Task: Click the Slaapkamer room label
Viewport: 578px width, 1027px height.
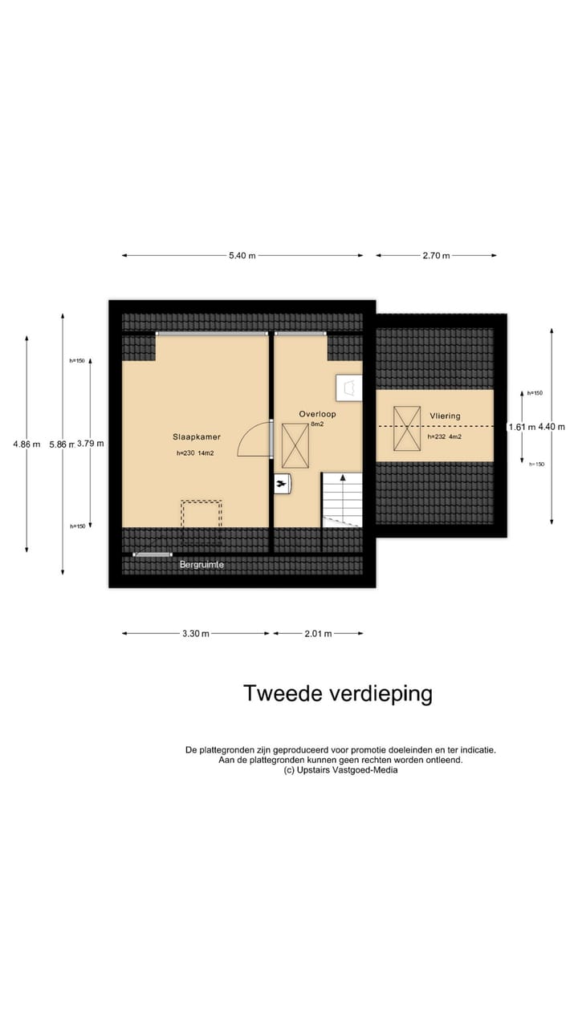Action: (197, 437)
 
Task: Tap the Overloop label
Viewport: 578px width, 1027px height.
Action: (317, 414)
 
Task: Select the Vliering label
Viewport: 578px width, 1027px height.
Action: (445, 416)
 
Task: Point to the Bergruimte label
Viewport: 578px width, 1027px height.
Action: (201, 565)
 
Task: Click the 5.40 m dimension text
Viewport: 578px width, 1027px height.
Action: (242, 256)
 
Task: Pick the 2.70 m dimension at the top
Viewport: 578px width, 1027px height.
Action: (436, 256)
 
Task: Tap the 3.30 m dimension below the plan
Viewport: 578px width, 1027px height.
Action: (195, 634)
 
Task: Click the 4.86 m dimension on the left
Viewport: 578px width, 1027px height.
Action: (26, 444)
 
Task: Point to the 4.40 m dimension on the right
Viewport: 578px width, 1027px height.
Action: (552, 427)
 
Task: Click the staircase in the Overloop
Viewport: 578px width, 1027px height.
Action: (342, 500)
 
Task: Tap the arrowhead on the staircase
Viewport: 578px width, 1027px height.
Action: (343, 477)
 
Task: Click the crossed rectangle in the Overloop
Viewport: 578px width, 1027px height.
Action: (295, 446)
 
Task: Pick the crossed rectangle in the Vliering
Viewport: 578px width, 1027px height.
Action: (406, 428)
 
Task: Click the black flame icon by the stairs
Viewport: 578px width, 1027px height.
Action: (282, 484)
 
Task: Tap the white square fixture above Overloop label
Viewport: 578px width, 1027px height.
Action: (349, 388)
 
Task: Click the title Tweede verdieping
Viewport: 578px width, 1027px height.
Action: (337, 693)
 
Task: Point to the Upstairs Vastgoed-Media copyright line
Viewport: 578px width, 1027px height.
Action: (340, 770)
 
